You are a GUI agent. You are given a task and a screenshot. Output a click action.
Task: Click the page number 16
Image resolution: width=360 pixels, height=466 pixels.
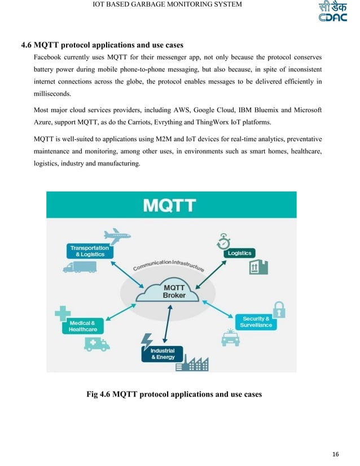336,454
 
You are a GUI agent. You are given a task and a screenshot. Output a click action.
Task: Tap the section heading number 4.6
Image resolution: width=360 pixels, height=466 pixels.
27,45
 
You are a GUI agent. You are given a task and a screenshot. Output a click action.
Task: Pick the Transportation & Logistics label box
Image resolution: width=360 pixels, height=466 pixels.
89,251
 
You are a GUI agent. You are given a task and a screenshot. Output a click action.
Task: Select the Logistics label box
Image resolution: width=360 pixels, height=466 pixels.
239,253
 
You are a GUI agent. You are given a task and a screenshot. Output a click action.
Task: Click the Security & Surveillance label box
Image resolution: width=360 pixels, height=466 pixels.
256,322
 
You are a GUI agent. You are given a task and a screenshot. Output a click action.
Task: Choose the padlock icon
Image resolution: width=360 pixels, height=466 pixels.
278,308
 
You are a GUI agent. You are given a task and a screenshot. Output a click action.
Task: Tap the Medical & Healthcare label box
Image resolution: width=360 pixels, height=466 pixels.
83,326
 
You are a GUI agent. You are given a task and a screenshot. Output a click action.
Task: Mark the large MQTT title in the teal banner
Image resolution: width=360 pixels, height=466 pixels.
170,205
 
